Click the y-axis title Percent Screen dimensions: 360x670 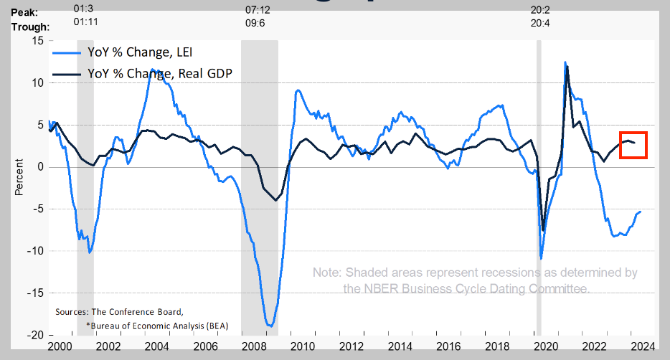(x=19, y=179)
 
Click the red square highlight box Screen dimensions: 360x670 (x=633, y=145)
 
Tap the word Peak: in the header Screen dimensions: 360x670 (x=25, y=13)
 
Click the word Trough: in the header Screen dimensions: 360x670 (x=29, y=27)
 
